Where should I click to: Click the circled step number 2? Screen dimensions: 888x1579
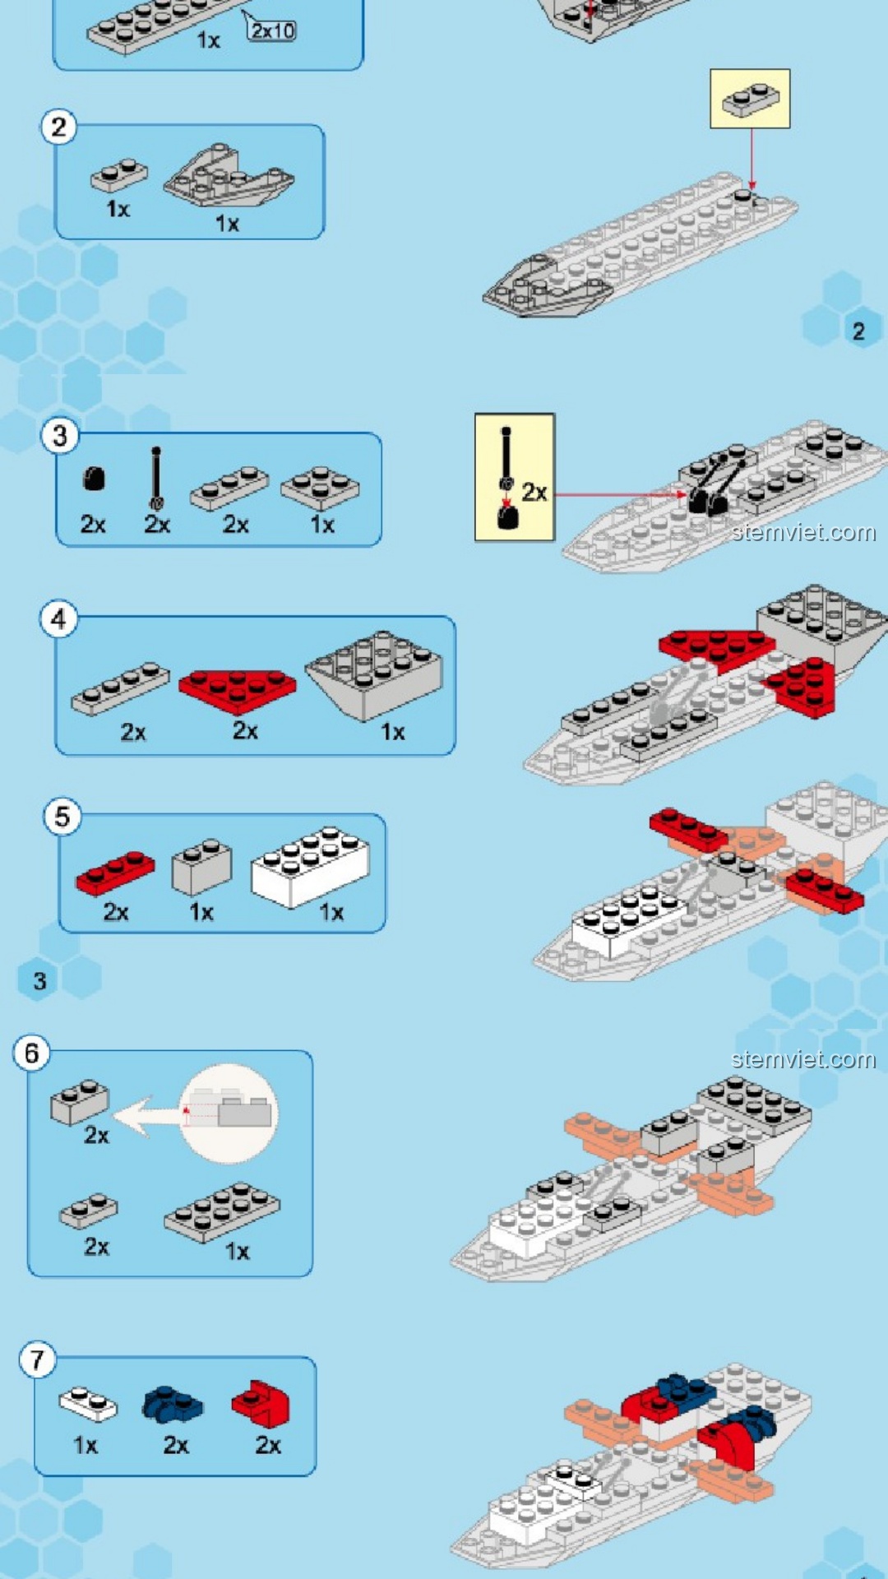tap(58, 127)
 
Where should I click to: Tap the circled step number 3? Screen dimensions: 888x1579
tap(60, 436)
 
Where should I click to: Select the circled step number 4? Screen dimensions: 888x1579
tap(58, 618)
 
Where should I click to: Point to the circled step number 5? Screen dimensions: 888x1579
tap(62, 817)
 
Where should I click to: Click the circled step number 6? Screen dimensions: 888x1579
tap(31, 1053)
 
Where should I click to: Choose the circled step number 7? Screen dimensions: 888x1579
tap(38, 1360)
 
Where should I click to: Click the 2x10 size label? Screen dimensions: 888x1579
tap(272, 30)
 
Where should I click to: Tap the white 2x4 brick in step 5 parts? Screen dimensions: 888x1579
tap(310, 867)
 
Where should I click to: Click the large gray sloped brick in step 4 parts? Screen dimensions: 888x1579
tap(374, 673)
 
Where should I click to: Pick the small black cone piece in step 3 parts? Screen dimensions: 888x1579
tap(94, 479)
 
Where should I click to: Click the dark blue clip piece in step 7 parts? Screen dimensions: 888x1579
tap(172, 1405)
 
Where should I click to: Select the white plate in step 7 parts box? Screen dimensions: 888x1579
tap(88, 1404)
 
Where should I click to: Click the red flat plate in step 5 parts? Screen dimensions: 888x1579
tap(115, 873)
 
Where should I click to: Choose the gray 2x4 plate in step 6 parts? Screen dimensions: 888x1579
tap(222, 1211)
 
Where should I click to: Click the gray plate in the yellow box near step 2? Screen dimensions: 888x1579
tap(750, 100)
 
